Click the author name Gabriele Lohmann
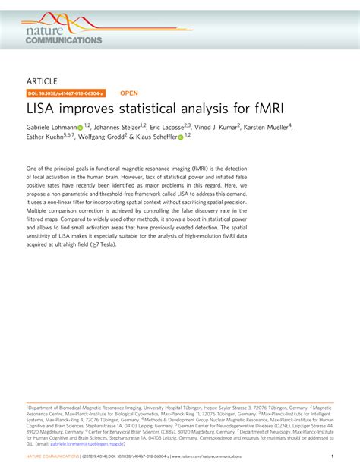tap(51, 128)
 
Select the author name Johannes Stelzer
tap(119, 128)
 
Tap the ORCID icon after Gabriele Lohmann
tap(80, 128)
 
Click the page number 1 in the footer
tap(332, 457)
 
